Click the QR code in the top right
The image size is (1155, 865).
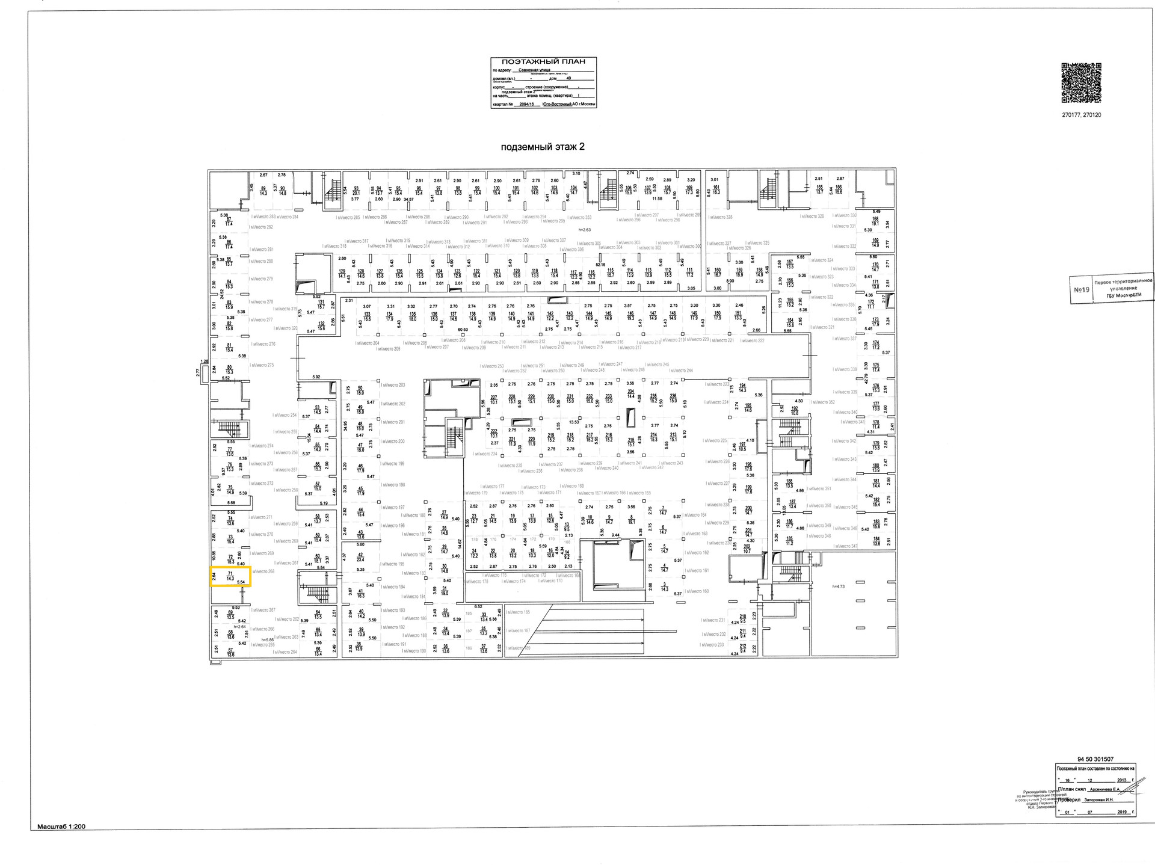tap(1080, 82)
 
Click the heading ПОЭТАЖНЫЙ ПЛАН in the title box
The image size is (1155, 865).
tap(543, 62)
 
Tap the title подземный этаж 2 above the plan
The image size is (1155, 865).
tap(541, 147)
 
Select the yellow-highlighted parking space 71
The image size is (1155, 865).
tap(230, 576)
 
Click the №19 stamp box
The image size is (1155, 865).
tap(1082, 289)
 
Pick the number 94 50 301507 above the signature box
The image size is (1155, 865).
tap(1095, 759)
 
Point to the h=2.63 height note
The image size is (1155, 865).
tap(584, 229)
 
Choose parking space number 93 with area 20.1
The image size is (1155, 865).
tap(356, 191)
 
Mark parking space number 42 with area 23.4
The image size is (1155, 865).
tap(360, 557)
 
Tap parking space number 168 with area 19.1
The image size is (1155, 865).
tap(875, 221)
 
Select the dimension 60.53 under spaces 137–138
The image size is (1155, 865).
tap(463, 329)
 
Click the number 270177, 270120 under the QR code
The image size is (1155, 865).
tap(1081, 115)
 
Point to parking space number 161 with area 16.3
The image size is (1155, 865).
tap(716, 189)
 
